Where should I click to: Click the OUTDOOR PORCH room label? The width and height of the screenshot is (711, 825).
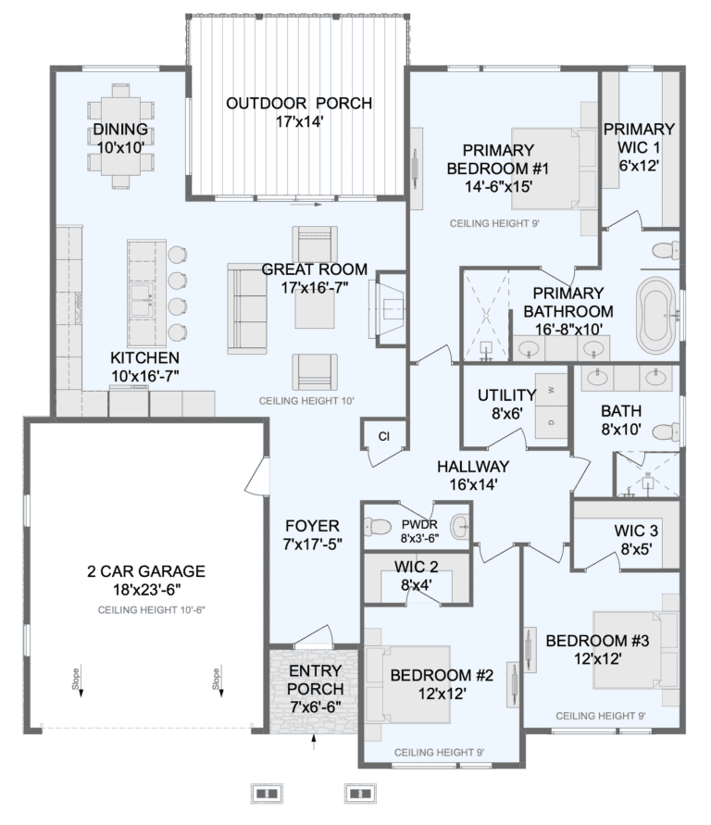coord(299,103)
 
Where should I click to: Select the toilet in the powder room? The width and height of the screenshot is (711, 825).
coord(378,526)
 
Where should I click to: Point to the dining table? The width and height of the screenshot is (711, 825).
coord(120,136)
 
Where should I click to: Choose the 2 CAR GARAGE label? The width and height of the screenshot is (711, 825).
coord(146,571)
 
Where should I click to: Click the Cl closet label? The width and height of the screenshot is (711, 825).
coord(384,436)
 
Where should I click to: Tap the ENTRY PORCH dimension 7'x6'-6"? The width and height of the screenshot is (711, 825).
coord(315,706)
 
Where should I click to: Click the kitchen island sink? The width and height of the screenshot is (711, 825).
coord(142,301)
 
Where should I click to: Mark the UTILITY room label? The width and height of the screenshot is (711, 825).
coord(506,394)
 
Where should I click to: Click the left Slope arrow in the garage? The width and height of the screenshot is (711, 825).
coord(81,683)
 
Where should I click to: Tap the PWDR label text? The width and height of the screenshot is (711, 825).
coord(419,525)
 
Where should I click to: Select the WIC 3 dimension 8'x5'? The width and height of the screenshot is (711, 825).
coord(636,549)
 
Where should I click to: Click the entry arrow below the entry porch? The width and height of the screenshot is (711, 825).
coord(314,742)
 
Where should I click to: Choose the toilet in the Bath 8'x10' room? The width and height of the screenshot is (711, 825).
coord(666,432)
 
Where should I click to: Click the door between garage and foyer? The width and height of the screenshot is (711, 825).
coord(257,476)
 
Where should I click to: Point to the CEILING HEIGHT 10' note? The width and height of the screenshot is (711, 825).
coord(306,401)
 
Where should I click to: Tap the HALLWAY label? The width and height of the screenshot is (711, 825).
coord(473,466)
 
